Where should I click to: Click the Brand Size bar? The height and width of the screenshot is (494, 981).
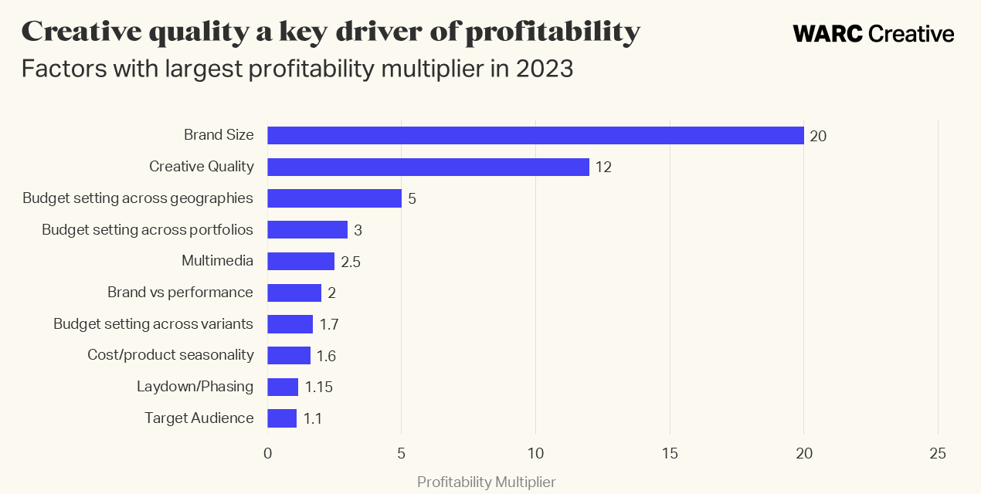tap(535, 135)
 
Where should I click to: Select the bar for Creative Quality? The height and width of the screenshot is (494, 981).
tap(428, 167)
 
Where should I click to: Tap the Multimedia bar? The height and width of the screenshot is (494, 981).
tap(300, 261)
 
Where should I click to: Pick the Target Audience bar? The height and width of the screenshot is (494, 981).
tap(282, 418)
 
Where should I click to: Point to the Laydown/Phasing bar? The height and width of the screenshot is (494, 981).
tap(283, 387)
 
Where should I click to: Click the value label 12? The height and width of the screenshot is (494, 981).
tap(603, 167)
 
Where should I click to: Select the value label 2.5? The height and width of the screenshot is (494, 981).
tap(351, 262)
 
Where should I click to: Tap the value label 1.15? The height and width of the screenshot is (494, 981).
tap(318, 387)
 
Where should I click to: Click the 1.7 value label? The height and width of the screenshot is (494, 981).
tap(329, 324)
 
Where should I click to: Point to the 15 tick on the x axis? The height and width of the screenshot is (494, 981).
tap(670, 454)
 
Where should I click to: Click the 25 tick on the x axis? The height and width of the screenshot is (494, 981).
tap(938, 454)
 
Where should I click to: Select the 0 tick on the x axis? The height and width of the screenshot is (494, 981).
tap(267, 454)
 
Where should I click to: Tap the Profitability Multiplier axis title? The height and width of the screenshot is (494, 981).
tap(486, 482)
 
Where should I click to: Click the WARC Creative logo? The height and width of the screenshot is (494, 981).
tap(873, 34)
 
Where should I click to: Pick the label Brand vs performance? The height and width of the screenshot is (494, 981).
tap(180, 293)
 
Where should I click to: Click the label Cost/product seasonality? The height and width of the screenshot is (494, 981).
tap(171, 355)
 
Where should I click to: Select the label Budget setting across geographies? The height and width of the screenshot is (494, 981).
tap(137, 198)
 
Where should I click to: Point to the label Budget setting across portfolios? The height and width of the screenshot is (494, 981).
tap(148, 229)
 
